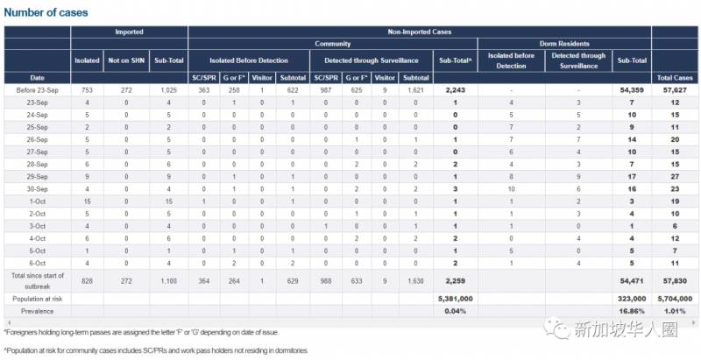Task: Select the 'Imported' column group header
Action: (x=129, y=32)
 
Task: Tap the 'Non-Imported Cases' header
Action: (x=419, y=32)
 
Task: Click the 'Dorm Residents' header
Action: (x=563, y=43)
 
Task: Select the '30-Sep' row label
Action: (x=37, y=187)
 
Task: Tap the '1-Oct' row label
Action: (x=37, y=200)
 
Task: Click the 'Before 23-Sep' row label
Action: (x=37, y=90)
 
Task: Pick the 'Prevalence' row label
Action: (x=37, y=310)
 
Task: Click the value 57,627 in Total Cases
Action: (x=675, y=90)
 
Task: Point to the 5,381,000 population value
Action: (x=455, y=298)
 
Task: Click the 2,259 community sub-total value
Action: (x=455, y=279)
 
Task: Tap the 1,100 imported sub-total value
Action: (x=167, y=279)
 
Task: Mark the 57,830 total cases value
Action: (x=675, y=279)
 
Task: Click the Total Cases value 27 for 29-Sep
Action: (x=675, y=175)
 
